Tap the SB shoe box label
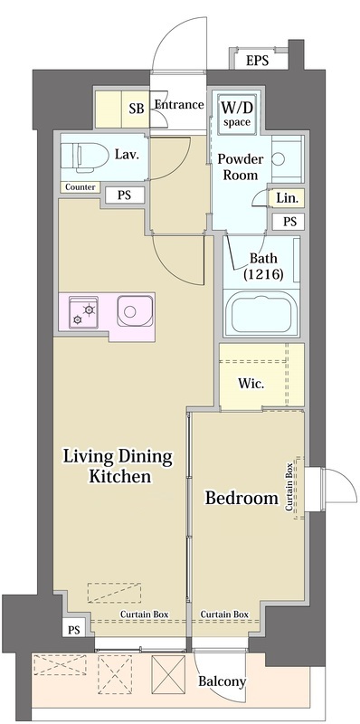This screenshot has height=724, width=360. (x=137, y=109)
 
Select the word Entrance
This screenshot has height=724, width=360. (x=178, y=105)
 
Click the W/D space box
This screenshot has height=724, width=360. (x=238, y=113)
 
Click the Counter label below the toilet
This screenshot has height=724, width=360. (x=80, y=187)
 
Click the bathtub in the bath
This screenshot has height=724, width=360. (x=263, y=313)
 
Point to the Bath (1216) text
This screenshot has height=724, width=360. (x=262, y=265)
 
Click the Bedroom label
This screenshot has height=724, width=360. (x=241, y=498)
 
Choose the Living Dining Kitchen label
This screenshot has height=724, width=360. (x=117, y=465)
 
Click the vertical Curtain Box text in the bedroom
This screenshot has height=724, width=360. (x=289, y=489)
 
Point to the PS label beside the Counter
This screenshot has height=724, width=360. (x=122, y=194)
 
